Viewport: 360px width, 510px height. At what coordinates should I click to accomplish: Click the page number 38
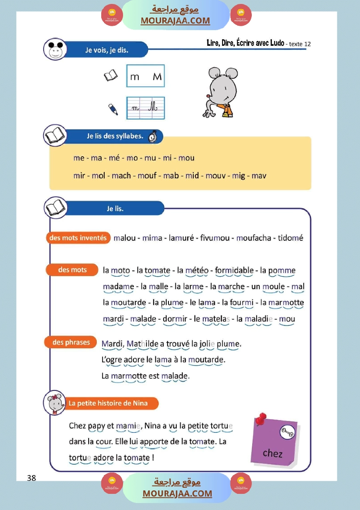[x=31, y=478]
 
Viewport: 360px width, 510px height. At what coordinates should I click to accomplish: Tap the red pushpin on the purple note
[x=261, y=419]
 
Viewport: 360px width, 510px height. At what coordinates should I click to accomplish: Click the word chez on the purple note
[x=273, y=453]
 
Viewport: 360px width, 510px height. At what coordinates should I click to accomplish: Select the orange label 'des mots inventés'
[x=78, y=238]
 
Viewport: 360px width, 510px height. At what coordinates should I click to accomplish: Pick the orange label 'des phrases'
[x=71, y=342]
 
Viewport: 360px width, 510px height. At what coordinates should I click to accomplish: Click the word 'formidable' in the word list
[x=234, y=270]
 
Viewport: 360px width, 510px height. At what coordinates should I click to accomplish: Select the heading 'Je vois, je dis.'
[x=106, y=50]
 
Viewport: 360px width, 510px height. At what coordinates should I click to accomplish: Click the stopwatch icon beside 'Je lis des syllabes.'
[x=153, y=136]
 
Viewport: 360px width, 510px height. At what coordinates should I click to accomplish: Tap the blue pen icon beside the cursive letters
[x=113, y=109]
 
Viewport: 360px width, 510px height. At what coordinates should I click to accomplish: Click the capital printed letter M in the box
[x=157, y=77]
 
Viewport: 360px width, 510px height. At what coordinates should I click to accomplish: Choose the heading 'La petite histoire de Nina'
[x=108, y=403]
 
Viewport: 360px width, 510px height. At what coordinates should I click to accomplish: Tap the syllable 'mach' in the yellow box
[x=121, y=176]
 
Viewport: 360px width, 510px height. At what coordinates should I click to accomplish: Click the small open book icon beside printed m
[x=110, y=76]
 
